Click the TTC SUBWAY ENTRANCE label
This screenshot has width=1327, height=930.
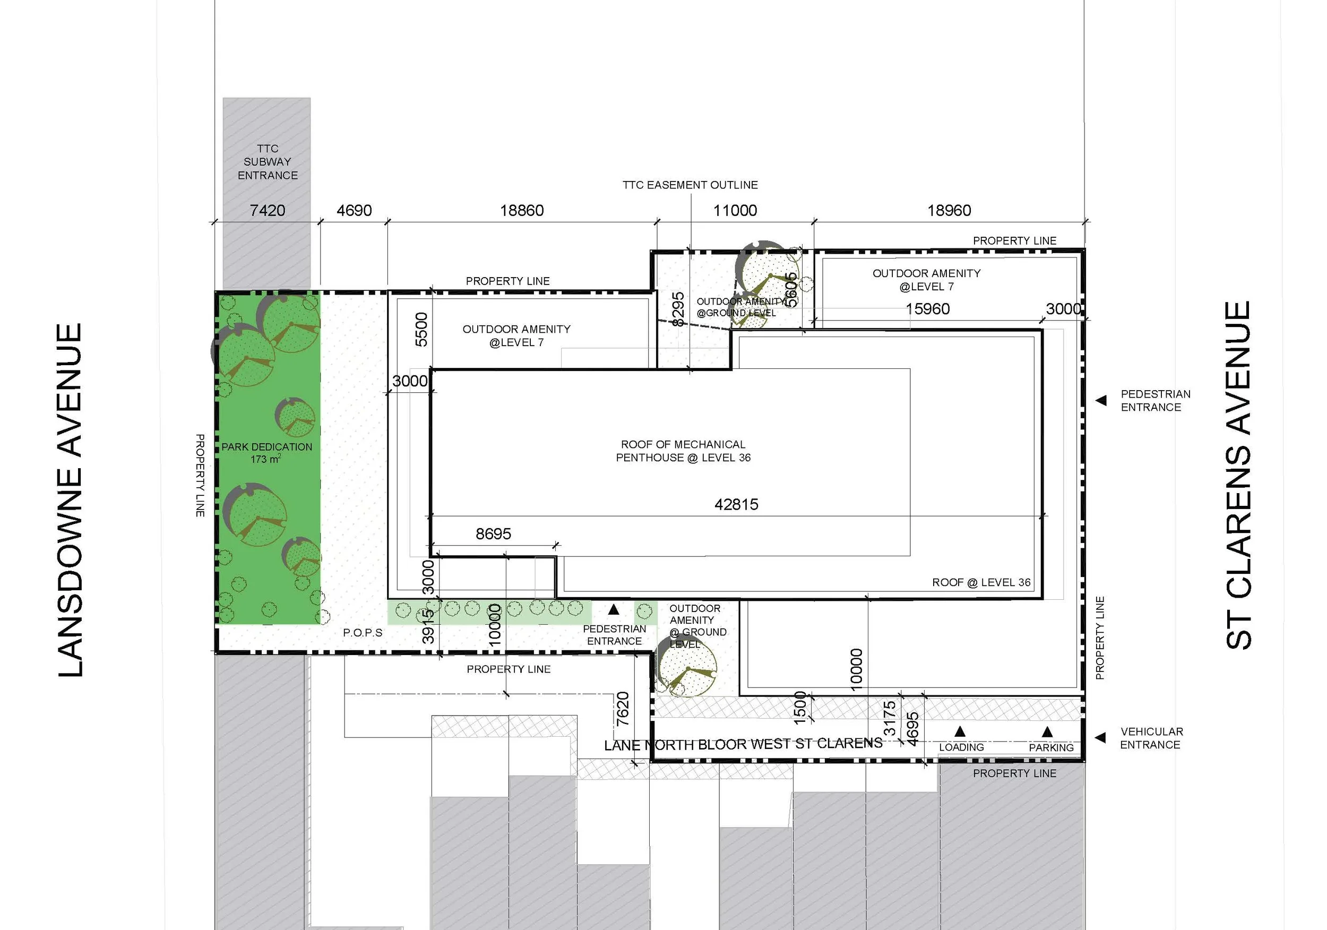tap(268, 162)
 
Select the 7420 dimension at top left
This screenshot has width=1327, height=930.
tap(267, 210)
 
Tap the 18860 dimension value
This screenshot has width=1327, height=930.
tap(521, 210)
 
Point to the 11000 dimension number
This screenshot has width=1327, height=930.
tap(735, 210)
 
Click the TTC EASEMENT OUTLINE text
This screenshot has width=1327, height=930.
tap(690, 185)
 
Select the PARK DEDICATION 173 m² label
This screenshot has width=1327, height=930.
tap(266, 453)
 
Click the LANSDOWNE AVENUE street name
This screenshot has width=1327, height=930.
tap(71, 500)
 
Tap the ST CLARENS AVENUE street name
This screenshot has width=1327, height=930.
tap(1238, 475)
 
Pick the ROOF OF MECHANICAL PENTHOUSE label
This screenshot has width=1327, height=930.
tap(683, 451)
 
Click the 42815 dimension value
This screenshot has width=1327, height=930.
tap(736, 505)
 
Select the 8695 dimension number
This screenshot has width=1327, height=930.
tap(493, 533)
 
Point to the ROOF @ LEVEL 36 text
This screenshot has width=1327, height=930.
tap(981, 583)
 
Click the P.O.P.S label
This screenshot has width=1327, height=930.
tap(363, 633)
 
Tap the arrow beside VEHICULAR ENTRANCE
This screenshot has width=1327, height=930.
tap(1100, 737)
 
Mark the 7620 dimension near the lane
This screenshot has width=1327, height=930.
tap(623, 709)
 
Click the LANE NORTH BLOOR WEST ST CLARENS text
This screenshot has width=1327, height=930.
tap(743, 744)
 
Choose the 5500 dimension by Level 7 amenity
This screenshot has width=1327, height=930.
tap(422, 330)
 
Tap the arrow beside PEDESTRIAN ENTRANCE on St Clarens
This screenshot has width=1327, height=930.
tap(1101, 401)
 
